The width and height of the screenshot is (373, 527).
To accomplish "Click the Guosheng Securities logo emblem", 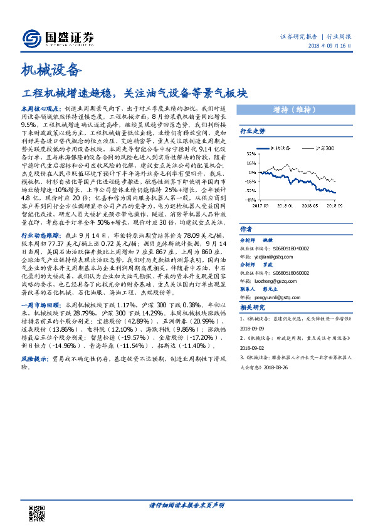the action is tap(32, 37).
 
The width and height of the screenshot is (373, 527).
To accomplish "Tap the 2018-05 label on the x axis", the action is tap(307, 204).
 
